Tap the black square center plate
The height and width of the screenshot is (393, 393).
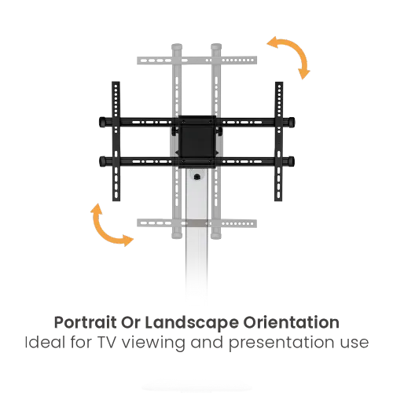(x=197, y=141)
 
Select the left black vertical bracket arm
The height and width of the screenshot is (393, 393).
(x=116, y=141)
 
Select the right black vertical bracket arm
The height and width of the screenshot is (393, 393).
(x=278, y=141)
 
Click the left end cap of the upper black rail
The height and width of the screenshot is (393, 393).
(x=102, y=122)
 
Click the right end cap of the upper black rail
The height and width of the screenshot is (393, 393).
(x=291, y=122)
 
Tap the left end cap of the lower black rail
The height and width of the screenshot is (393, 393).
(x=102, y=161)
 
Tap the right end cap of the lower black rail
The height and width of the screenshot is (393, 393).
(x=291, y=161)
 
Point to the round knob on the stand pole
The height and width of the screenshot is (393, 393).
(x=196, y=177)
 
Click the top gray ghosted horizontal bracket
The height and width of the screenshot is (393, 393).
(x=196, y=61)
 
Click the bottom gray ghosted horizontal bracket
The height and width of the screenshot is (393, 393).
(x=196, y=223)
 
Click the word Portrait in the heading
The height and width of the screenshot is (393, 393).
(x=85, y=322)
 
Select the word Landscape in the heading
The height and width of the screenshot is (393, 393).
(x=192, y=322)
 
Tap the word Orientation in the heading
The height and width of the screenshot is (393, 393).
(x=291, y=322)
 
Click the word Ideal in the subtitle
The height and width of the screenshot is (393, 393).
(x=45, y=342)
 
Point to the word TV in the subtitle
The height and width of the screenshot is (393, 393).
(x=107, y=343)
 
